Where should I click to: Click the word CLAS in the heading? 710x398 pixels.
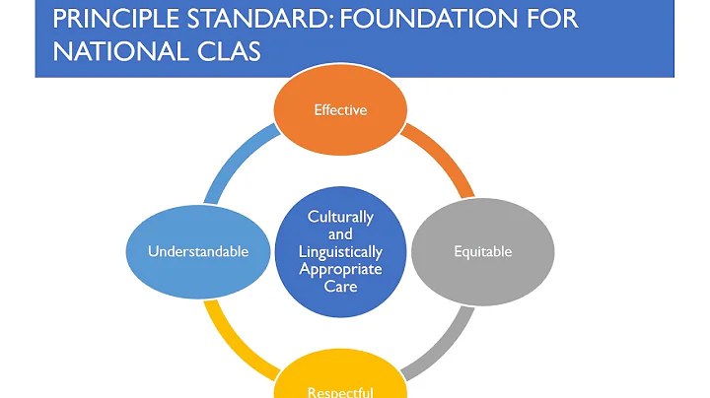pos(231,50)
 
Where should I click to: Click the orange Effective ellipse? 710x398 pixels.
pos(340,110)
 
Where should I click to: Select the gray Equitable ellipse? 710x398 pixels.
pos(482,251)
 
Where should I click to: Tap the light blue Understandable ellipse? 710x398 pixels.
pos(198,251)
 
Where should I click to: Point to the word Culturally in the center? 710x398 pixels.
pos(340,216)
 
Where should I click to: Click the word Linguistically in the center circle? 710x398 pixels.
pos(340,251)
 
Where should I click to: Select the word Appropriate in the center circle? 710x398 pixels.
pos(340,269)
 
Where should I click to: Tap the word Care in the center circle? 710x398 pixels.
pos(340,287)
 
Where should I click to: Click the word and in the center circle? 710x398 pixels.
pos(340,233)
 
